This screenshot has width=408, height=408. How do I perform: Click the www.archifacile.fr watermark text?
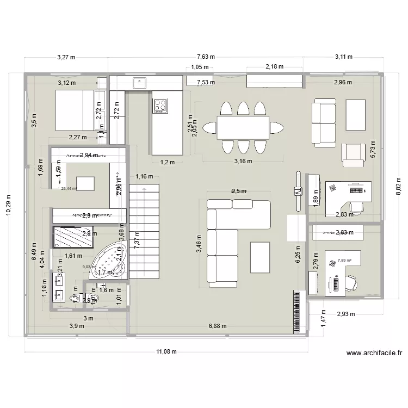374,353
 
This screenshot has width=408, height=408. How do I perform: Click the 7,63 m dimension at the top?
206,57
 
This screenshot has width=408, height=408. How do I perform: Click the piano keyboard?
296,312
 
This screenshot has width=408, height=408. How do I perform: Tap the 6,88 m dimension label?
218,326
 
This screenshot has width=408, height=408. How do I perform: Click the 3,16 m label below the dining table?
243,161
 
